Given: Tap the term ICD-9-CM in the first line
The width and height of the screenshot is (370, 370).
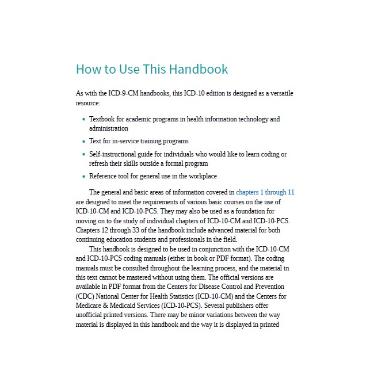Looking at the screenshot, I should (x=123, y=93).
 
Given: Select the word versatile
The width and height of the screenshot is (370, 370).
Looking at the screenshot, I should (x=281, y=93).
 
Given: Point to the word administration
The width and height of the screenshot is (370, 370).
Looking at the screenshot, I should (x=109, y=128).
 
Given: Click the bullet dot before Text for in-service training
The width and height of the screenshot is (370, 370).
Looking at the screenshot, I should (x=84, y=142).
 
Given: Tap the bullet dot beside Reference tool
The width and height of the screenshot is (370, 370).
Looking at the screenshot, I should (x=84, y=177).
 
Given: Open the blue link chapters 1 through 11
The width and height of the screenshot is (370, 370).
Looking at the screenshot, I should (x=265, y=192).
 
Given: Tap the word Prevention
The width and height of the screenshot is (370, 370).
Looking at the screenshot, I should (x=269, y=286).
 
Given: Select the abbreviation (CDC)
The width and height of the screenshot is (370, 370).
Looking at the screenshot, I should (x=86, y=296).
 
